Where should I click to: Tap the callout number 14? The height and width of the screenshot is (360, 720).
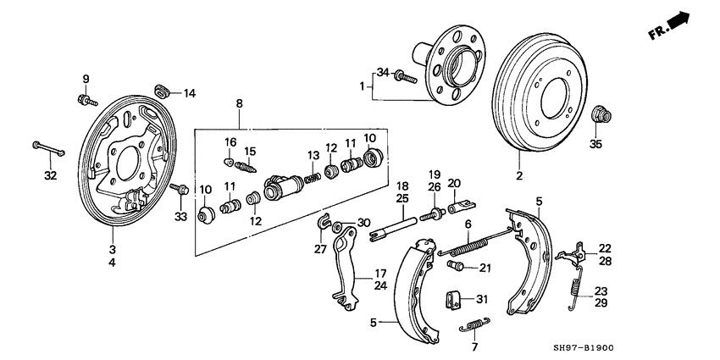[189, 92]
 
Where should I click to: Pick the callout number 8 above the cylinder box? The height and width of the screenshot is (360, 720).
[239, 104]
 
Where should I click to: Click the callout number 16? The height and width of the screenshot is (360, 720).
[230, 141]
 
